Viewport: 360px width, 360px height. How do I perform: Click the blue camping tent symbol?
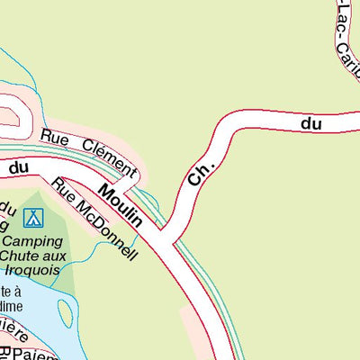(33, 217)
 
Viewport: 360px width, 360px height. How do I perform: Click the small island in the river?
(65, 312)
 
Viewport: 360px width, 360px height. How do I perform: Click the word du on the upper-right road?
(311, 123)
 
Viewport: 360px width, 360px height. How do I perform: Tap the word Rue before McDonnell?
(63, 190)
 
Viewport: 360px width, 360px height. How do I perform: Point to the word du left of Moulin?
(20, 167)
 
